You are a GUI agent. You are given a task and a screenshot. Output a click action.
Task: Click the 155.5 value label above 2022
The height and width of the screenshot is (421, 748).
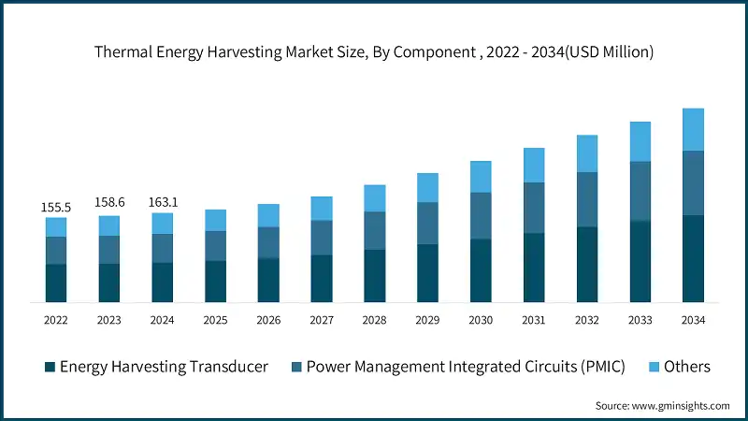pyautogui.click(x=56, y=206)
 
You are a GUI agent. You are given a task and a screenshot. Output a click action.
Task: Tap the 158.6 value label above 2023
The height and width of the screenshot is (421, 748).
pyautogui.click(x=109, y=203)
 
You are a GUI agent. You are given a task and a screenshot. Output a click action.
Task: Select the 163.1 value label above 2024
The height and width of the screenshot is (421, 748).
pyautogui.click(x=163, y=201)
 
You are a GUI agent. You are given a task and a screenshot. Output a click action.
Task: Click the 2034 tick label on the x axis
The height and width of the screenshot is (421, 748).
pyautogui.click(x=693, y=320)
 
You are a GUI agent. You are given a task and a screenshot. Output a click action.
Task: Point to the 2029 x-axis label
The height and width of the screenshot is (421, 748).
pyautogui.click(x=427, y=320)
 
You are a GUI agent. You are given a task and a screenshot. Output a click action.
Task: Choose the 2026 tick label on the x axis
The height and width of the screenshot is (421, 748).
pyautogui.click(x=268, y=320)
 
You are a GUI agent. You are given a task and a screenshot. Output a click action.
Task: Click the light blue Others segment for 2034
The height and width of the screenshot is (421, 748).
pyautogui.click(x=693, y=129)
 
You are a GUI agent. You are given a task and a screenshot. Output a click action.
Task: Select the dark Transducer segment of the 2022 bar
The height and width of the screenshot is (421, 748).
pyautogui.click(x=56, y=283)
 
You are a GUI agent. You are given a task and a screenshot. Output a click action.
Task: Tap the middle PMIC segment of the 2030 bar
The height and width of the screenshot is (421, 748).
pyautogui.click(x=481, y=215)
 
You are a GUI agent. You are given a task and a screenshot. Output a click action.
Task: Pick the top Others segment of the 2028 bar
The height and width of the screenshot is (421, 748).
pyautogui.click(x=374, y=197)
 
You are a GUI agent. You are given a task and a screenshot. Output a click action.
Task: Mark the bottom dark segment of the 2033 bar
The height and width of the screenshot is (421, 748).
pyautogui.click(x=640, y=261)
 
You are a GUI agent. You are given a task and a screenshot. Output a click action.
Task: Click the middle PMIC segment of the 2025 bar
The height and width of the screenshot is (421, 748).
pyautogui.click(x=215, y=245)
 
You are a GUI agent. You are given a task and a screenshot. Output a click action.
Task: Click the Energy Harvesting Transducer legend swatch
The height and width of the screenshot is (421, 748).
pyautogui.click(x=50, y=367)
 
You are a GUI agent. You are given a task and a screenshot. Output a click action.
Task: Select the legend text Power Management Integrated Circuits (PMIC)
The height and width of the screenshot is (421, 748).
pyautogui.click(x=466, y=367)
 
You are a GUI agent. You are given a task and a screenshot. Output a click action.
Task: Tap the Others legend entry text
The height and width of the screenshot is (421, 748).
pyautogui.click(x=687, y=367)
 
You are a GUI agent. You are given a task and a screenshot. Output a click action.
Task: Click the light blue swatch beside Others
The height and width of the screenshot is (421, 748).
pyautogui.click(x=654, y=367)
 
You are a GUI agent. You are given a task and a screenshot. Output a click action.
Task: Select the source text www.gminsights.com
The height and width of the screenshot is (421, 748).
pyautogui.click(x=680, y=405)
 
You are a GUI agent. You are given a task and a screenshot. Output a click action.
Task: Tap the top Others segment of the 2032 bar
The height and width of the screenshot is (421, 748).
pyautogui.click(x=586, y=153)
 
